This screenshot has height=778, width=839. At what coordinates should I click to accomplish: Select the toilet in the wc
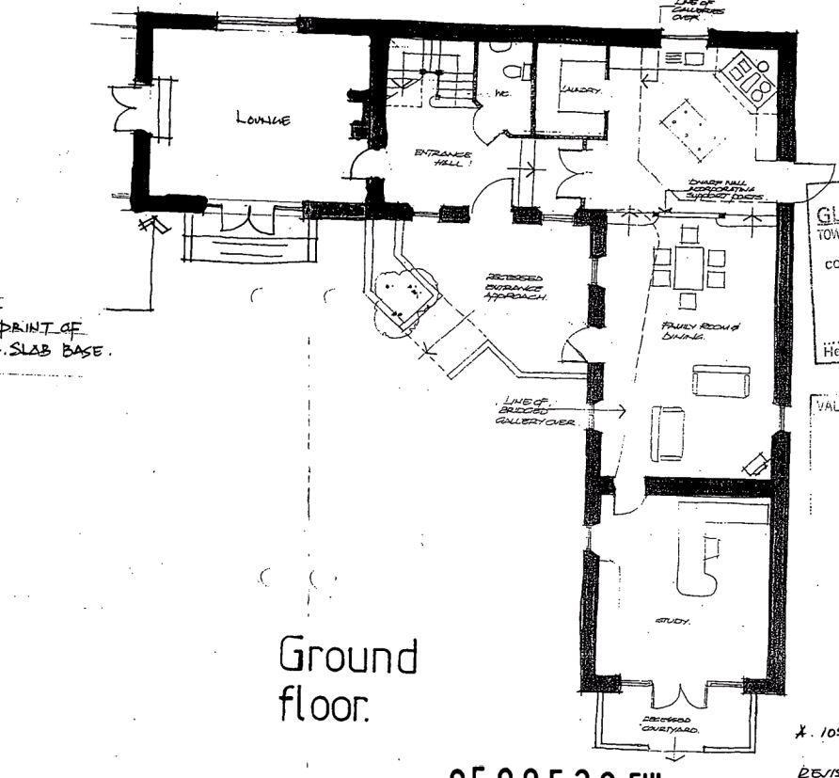514,71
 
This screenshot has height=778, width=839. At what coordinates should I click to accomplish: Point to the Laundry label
573,91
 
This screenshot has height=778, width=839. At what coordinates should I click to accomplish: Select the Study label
672,622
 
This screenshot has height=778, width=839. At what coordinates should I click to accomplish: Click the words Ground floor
347,679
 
